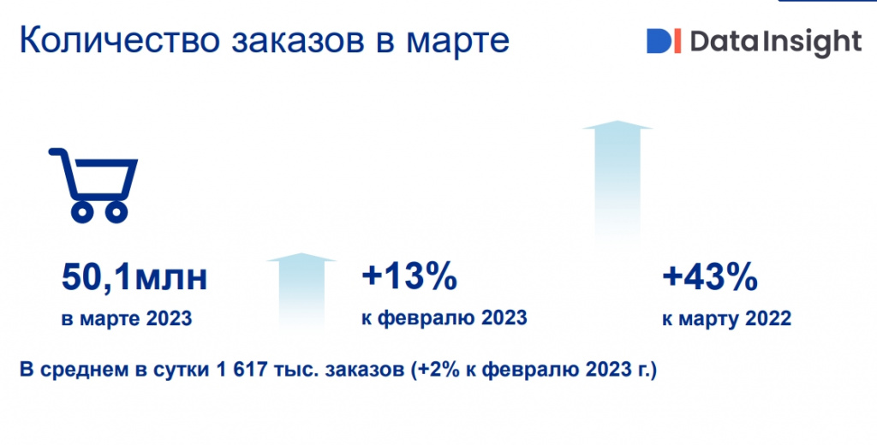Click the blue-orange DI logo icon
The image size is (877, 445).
[x=664, y=41]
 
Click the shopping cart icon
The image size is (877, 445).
[x=93, y=185]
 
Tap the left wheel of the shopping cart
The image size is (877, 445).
[x=83, y=211]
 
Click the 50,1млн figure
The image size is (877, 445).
[x=134, y=278]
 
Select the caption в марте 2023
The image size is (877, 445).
[x=127, y=318]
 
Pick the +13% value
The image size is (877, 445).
[x=409, y=277]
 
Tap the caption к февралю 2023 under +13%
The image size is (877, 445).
[x=444, y=318]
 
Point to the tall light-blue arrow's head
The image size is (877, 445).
[x=617, y=125]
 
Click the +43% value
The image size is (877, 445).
[x=710, y=278]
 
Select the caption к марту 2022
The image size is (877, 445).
[x=727, y=318]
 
